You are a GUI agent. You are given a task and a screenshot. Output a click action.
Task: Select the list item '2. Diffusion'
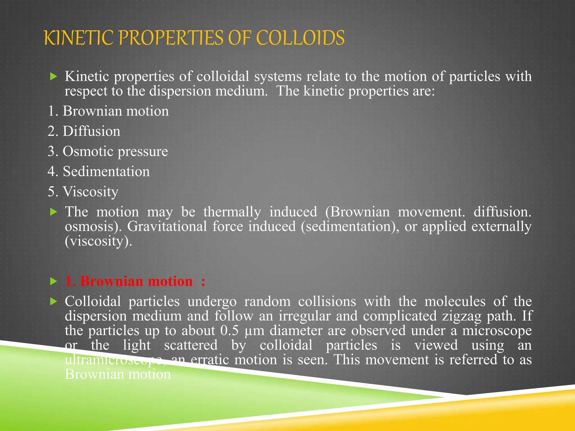tap(84, 131)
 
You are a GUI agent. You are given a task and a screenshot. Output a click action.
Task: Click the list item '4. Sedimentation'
tap(99, 171)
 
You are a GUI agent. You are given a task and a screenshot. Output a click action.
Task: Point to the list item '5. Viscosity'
tap(83, 192)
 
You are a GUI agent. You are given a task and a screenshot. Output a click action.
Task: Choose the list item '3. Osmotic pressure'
tap(108, 152)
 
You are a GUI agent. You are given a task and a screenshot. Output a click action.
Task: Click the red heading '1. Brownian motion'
tap(129, 281)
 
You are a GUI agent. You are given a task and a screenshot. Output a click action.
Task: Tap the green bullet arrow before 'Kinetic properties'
tap(53, 76)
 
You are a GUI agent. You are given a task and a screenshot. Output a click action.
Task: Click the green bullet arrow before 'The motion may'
tap(53, 212)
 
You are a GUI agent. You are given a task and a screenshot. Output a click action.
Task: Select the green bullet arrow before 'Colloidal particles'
tap(53, 302)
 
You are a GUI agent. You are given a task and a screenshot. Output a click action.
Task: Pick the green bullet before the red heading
tap(53, 281)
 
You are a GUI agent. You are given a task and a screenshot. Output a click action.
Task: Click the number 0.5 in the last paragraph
tap(229, 331)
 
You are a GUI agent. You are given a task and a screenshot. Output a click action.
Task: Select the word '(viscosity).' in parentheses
tap(98, 241)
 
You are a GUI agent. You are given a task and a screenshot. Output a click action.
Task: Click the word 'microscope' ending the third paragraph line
tap(497, 331)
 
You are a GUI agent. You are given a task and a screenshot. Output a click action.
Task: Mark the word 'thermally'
tap(232, 212)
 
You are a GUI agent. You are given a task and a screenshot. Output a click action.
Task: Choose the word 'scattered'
tap(191, 345)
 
